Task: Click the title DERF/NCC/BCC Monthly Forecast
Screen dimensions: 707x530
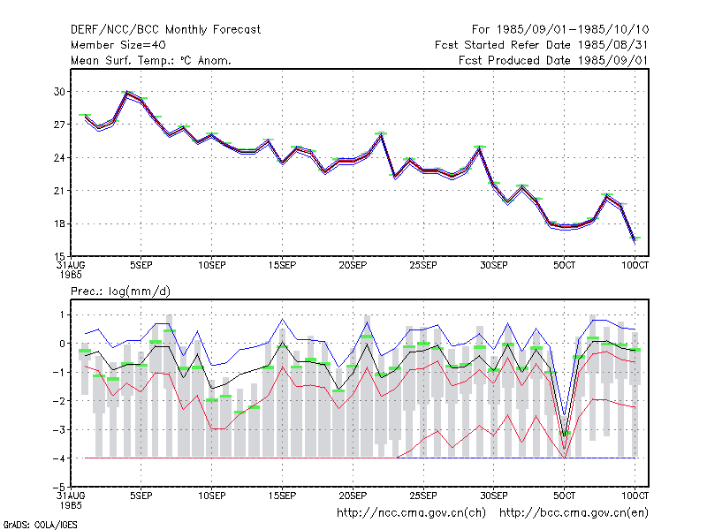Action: pyautogui.click(x=165, y=30)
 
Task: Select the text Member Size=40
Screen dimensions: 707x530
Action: pyautogui.click(x=118, y=45)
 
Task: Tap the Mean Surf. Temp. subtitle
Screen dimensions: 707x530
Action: pyautogui.click(x=150, y=60)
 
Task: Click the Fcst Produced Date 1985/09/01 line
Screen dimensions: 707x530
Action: pyautogui.click(x=553, y=60)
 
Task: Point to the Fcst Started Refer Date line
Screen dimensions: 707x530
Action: pyautogui.click(x=541, y=45)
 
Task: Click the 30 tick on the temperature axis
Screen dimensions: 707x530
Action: pyautogui.click(x=59, y=92)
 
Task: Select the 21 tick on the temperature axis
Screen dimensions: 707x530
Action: pyautogui.click(x=59, y=191)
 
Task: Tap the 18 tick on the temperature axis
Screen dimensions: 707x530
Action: pyautogui.click(x=59, y=224)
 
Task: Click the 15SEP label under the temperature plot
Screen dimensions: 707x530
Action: pyautogui.click(x=282, y=265)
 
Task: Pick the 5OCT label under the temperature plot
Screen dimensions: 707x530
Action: pyautogui.click(x=564, y=265)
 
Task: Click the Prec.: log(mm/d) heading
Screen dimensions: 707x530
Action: pyautogui.click(x=120, y=291)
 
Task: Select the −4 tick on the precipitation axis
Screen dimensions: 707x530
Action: pyautogui.click(x=57, y=458)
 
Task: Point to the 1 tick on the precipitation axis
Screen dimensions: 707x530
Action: pyautogui.click(x=62, y=314)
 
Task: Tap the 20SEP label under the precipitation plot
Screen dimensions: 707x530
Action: pyautogui.click(x=353, y=496)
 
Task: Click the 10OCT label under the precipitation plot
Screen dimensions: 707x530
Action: pyautogui.click(x=635, y=496)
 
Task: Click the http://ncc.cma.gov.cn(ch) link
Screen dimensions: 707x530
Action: pyautogui.click(x=411, y=513)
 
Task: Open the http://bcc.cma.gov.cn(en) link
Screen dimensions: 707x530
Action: pyautogui.click(x=574, y=513)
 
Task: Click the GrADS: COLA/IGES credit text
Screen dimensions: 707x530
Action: pyautogui.click(x=40, y=525)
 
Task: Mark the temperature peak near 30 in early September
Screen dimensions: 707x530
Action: pyautogui.click(x=127, y=93)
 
